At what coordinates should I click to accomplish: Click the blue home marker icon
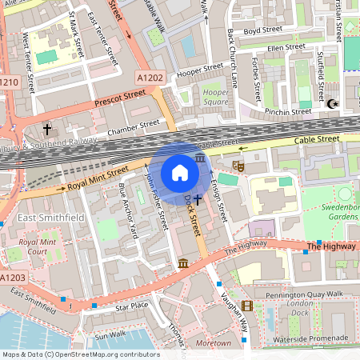point(180,173)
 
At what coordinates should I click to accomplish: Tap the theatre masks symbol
point(238,166)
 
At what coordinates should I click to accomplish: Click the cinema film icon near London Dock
point(247,306)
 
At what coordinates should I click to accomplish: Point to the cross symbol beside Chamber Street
point(47,129)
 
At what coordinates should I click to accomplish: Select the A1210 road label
point(9,82)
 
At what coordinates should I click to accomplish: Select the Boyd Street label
point(263,32)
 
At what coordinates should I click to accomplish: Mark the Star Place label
point(132,306)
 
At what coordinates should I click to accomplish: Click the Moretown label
point(214,342)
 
